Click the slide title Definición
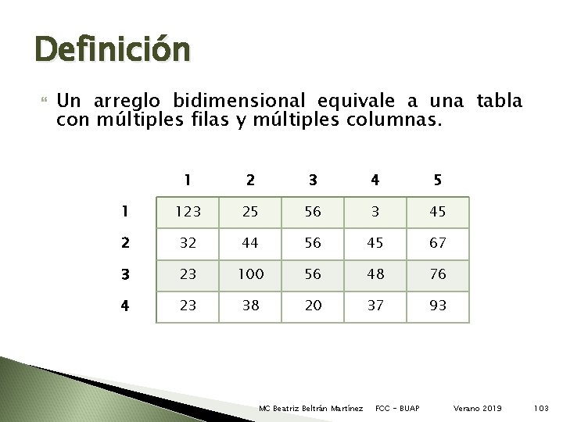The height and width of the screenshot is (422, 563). pyautogui.click(x=113, y=49)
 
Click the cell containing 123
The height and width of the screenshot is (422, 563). pyautogui.click(x=188, y=212)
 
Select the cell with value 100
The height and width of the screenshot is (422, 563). pyautogui.click(x=250, y=274)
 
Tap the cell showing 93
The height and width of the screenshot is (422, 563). pyautogui.click(x=438, y=306)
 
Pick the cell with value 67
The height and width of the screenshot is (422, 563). pyautogui.click(x=438, y=243)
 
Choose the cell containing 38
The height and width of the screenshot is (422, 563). pyautogui.click(x=250, y=306)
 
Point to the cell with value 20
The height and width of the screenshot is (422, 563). pyautogui.click(x=313, y=306)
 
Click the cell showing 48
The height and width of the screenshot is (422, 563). pyautogui.click(x=375, y=274)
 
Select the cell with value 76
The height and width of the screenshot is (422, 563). pyautogui.click(x=438, y=274)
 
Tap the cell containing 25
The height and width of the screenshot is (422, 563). pyautogui.click(x=250, y=212)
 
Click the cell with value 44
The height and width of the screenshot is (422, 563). pyautogui.click(x=250, y=243)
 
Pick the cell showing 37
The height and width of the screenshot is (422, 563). pyautogui.click(x=375, y=306)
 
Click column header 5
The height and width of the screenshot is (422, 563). pyautogui.click(x=438, y=180)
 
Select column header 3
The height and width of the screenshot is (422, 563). pyautogui.click(x=313, y=180)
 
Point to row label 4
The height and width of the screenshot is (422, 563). pyautogui.click(x=124, y=306)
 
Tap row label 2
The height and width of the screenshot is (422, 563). pyautogui.click(x=124, y=243)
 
